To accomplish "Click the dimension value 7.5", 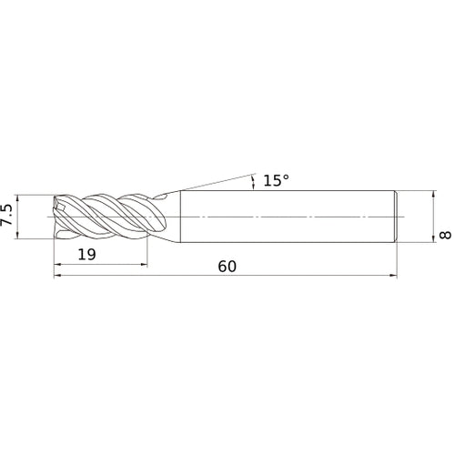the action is pos(6,215).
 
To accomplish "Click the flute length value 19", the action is pos(86,254).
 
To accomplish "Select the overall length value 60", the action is pos(227,267).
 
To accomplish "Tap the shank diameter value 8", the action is pos(445,235).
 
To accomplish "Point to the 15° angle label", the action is pos(276,180).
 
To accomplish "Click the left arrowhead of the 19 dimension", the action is pos(57,265).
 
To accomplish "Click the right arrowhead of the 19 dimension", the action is pos(144,265).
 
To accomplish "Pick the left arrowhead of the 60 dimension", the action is pos(57,276).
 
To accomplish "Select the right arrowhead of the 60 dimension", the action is pos(393,276).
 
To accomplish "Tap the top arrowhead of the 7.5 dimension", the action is pos(17,198).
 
